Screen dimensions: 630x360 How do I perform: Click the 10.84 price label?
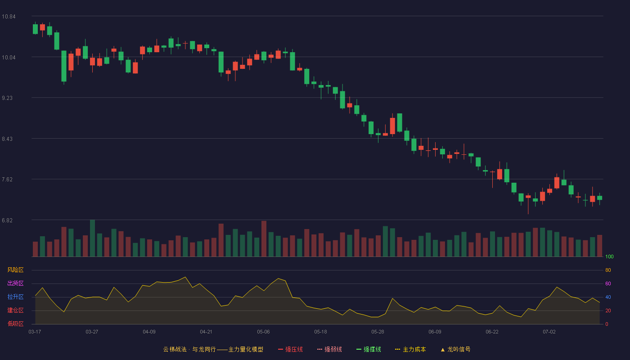(9, 17)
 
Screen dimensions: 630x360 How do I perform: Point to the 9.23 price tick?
(7, 98)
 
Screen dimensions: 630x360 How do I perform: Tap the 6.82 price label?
(7, 220)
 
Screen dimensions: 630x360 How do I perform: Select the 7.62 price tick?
(7, 180)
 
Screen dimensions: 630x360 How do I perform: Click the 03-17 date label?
(35, 332)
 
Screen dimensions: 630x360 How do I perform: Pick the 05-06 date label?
(263, 332)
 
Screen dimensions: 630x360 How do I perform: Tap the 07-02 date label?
(549, 332)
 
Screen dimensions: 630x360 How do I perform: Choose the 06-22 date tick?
(492, 332)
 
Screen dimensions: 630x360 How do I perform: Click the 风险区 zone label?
(15, 270)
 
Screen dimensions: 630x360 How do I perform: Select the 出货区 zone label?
(15, 283)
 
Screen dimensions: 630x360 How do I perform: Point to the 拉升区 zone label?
(15, 297)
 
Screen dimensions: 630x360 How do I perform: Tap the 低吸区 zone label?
(15, 324)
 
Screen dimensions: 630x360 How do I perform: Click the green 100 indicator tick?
(609, 256)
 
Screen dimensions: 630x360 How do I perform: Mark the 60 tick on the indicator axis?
(608, 283)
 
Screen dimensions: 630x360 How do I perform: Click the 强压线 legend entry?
(290, 349)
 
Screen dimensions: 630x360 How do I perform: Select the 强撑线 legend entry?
(369, 349)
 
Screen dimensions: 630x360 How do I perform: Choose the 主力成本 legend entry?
(410, 349)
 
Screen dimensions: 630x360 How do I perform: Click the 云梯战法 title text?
(175, 349)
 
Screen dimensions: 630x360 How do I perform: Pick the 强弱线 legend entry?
(329, 349)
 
